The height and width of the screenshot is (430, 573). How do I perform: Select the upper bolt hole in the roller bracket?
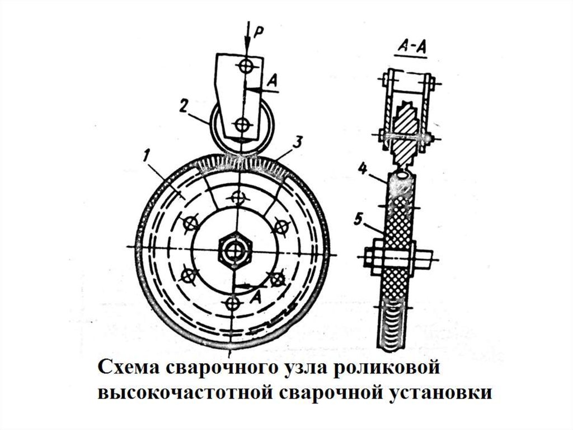click(245, 66)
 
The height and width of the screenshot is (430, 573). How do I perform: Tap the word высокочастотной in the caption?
click(183, 393)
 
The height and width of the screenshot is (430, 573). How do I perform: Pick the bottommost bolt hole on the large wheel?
click(231, 303)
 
